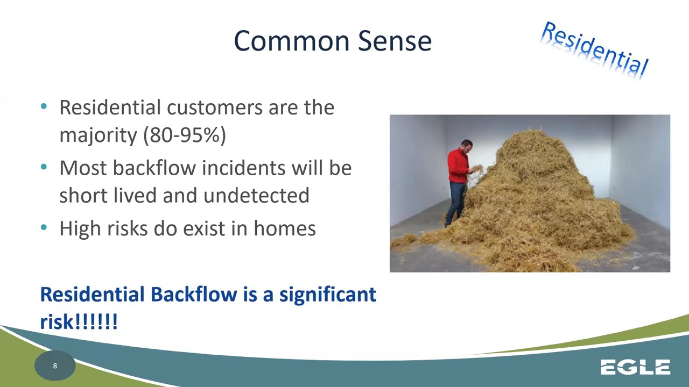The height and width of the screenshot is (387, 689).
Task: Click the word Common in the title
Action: (x=292, y=41)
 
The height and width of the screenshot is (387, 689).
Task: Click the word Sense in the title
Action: (x=395, y=41)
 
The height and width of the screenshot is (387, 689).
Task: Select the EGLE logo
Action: (x=636, y=367)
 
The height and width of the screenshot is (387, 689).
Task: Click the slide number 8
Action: (x=55, y=366)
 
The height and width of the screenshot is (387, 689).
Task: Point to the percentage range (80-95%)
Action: (x=185, y=135)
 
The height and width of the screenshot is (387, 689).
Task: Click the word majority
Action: (x=99, y=135)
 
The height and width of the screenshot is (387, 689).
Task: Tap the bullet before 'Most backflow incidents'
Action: (x=44, y=167)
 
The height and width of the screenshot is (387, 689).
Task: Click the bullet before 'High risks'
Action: (x=44, y=227)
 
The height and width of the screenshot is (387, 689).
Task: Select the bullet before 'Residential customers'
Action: (x=44, y=106)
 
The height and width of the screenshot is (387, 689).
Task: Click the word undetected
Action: (x=256, y=195)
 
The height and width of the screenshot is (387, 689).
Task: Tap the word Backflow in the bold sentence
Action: (x=194, y=294)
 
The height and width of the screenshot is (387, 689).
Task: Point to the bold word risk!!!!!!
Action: (x=79, y=321)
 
